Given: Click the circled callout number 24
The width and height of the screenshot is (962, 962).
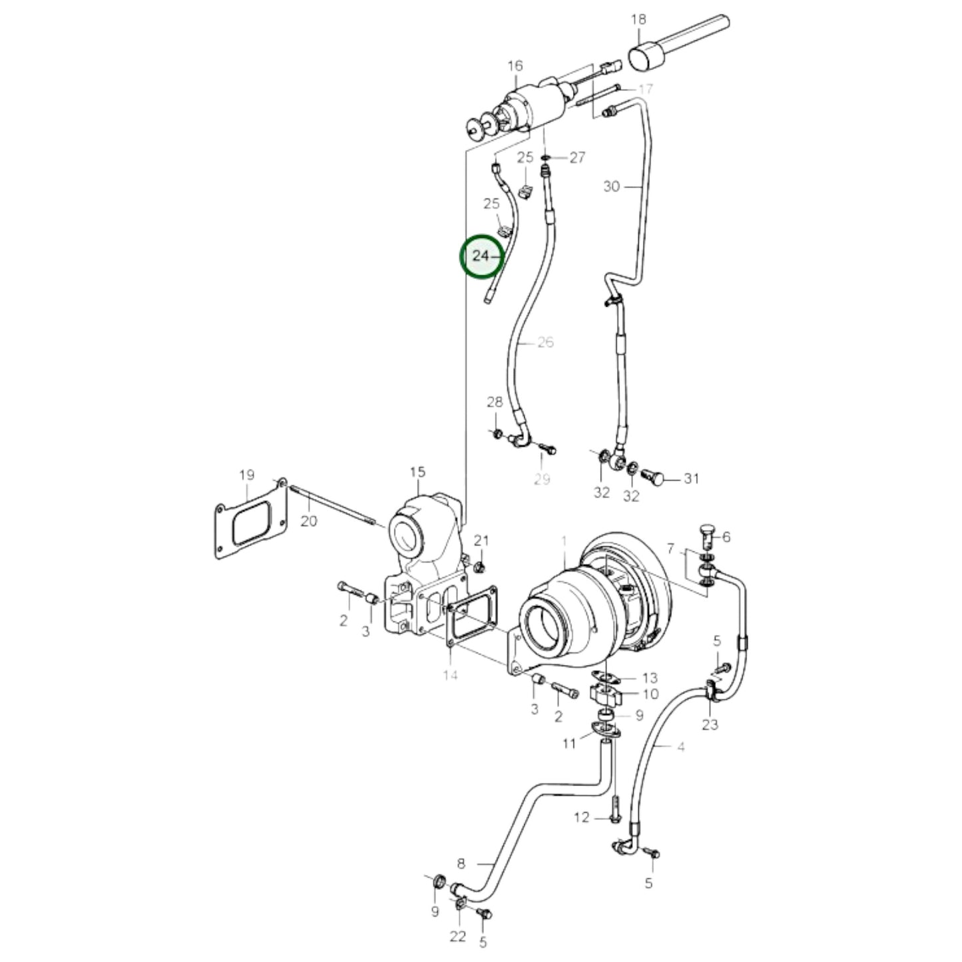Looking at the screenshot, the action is (480, 256).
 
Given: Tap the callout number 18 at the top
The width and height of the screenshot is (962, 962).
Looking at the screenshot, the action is (638, 19).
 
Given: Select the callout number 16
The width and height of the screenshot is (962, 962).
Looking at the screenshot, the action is (515, 66).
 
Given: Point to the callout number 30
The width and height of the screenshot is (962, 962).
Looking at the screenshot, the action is (612, 186).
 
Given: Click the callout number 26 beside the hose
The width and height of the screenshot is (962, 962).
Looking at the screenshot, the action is (546, 342).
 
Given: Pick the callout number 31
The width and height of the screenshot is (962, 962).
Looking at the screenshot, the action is (692, 479).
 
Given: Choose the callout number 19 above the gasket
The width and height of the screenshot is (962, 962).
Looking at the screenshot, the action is (247, 475).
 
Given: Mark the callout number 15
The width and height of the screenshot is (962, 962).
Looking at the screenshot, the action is (417, 472).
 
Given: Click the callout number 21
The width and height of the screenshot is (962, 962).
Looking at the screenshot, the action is (482, 540).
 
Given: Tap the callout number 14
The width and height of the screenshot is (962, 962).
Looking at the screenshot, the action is (450, 676).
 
